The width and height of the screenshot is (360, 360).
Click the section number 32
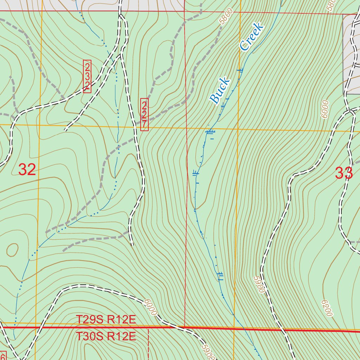27,170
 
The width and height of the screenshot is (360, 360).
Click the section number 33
343,173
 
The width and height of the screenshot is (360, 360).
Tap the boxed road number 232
87,76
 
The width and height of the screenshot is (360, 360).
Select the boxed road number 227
144,115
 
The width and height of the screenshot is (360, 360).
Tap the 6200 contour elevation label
327,308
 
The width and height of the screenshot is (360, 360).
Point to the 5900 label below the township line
209,352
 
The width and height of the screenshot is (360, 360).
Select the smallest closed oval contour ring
12,250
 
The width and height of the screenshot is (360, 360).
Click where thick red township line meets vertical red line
185,328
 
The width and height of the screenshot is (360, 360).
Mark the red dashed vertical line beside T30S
149,345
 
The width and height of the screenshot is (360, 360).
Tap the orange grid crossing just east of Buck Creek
238,129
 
